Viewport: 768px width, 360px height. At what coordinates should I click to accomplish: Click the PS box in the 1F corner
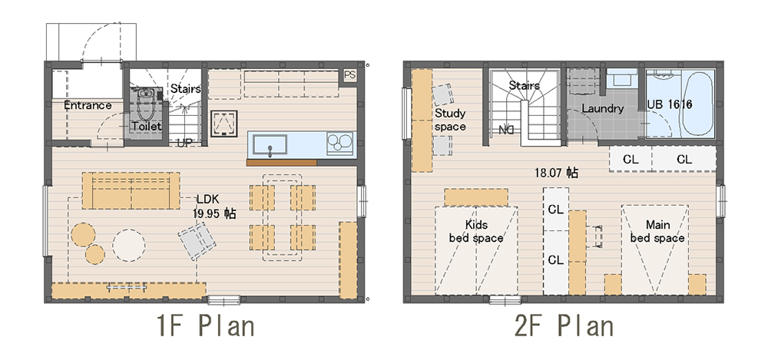[349, 75]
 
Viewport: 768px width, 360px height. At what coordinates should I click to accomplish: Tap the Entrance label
[88, 105]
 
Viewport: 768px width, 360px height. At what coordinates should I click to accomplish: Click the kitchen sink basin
[270, 144]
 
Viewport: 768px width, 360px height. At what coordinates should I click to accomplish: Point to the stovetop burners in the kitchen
[340, 144]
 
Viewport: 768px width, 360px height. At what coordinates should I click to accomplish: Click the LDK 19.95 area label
[214, 206]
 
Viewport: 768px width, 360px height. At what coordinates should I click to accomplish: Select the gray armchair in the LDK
[197, 240]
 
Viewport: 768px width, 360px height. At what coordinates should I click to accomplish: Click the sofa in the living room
[131, 190]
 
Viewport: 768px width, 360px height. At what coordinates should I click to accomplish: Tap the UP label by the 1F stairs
[184, 143]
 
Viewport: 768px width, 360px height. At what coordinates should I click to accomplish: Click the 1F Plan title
[206, 326]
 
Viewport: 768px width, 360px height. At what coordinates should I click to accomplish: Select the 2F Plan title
[564, 326]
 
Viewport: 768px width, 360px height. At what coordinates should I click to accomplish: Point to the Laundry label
[603, 109]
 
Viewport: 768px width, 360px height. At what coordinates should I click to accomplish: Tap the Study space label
[450, 120]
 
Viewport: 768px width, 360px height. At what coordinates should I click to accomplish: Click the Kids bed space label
[476, 232]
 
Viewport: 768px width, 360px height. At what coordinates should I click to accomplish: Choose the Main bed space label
[657, 232]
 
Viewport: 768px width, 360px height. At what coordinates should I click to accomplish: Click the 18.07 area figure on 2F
[556, 173]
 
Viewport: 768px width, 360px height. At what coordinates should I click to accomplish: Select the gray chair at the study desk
[443, 94]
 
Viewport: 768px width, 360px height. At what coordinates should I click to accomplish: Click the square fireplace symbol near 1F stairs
[224, 124]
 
